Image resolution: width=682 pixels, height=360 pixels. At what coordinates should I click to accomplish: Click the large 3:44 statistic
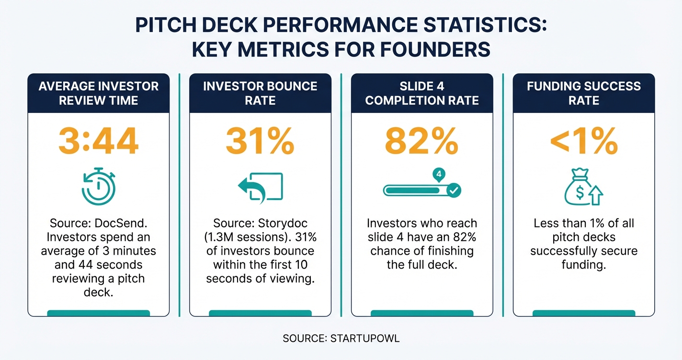[98, 141]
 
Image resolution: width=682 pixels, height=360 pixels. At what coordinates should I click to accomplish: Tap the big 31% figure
[260, 141]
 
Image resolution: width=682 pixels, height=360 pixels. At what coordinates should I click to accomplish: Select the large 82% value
[421, 141]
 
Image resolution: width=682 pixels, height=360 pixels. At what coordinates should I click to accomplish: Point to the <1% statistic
[583, 141]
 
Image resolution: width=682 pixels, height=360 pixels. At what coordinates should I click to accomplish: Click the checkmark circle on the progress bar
[454, 191]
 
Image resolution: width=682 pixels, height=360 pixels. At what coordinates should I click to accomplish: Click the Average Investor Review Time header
[98, 93]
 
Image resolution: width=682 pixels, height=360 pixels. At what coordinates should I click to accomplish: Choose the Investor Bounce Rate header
[260, 93]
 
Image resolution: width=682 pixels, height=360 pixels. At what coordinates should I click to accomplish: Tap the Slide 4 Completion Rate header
[422, 93]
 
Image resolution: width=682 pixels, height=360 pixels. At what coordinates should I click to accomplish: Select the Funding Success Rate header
[583, 93]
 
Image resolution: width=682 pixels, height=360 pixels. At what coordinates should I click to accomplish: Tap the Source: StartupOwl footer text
[341, 338]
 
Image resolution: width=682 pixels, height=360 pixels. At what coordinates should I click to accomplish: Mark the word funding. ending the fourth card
[583, 265]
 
